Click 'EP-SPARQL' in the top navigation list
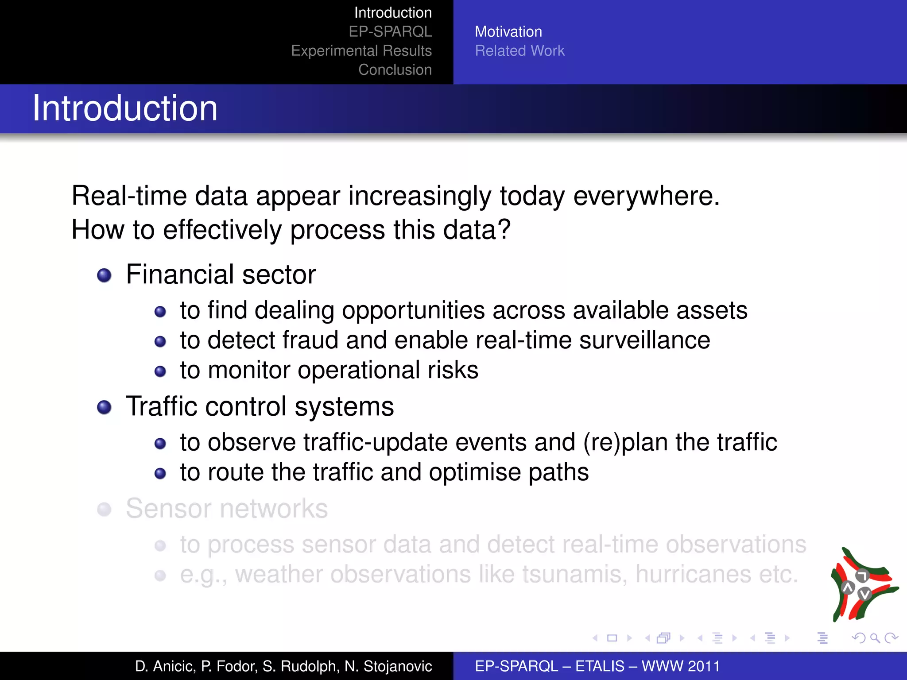pos(390,32)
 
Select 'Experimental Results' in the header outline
pos(361,51)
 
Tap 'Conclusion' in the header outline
pos(395,70)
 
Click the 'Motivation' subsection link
pos(508,32)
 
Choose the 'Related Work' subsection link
pos(519,51)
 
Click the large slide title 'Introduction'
pos(125,108)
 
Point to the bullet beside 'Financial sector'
pos(104,275)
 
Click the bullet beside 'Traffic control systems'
pos(104,407)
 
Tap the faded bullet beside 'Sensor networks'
pos(104,509)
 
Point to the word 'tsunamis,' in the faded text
pos(574,574)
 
